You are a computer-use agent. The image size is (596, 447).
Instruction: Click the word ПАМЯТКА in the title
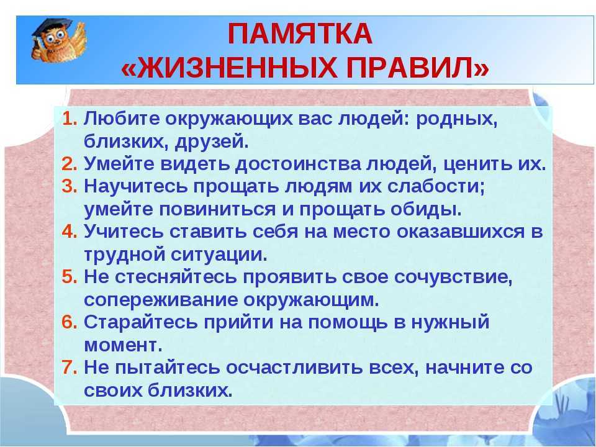tap(300, 34)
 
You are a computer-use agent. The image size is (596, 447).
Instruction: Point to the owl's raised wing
tap(78, 37)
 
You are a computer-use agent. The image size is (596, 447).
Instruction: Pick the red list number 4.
tap(69, 232)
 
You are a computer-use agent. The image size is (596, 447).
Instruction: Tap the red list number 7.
tap(69, 367)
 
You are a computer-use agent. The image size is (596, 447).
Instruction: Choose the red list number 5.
tap(69, 277)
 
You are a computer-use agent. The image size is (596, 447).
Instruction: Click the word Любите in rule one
tap(122, 119)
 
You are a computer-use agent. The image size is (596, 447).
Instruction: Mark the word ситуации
tap(219, 255)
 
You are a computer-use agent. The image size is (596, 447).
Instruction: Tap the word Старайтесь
tap(141, 322)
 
